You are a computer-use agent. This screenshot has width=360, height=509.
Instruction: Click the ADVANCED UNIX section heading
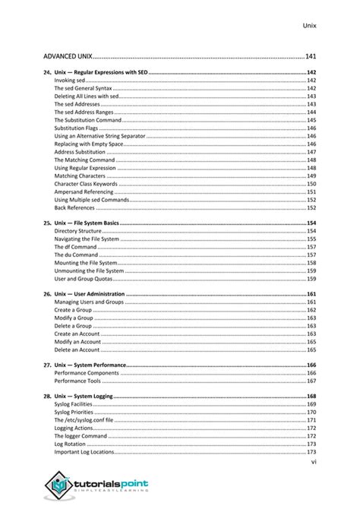(67, 56)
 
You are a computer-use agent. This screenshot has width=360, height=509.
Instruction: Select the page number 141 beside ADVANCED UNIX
(310, 56)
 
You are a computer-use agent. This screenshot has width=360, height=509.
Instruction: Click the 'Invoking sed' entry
(69, 80)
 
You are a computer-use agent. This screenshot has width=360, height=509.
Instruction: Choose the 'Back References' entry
(74, 207)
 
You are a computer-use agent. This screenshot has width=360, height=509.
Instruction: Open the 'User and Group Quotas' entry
(84, 279)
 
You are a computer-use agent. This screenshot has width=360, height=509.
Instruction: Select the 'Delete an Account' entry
(77, 349)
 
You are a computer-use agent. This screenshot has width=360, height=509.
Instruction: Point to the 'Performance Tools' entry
(78, 381)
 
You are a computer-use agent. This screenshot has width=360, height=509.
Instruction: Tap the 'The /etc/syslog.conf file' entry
(84, 420)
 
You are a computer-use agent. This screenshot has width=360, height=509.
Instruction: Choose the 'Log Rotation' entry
(69, 444)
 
